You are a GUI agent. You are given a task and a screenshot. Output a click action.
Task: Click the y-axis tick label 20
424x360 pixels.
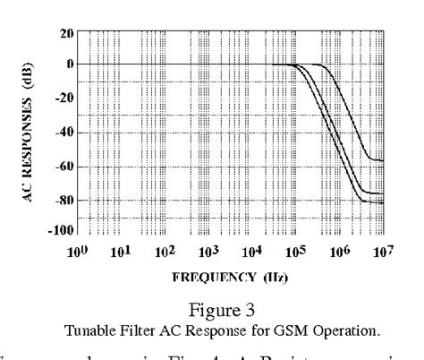click(x=64, y=31)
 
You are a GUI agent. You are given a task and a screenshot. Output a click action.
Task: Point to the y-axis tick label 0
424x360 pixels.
click(x=68, y=64)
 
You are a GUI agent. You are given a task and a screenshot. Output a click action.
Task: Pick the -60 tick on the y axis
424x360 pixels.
click(x=62, y=167)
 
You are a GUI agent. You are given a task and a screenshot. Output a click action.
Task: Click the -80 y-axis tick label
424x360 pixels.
click(x=62, y=201)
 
